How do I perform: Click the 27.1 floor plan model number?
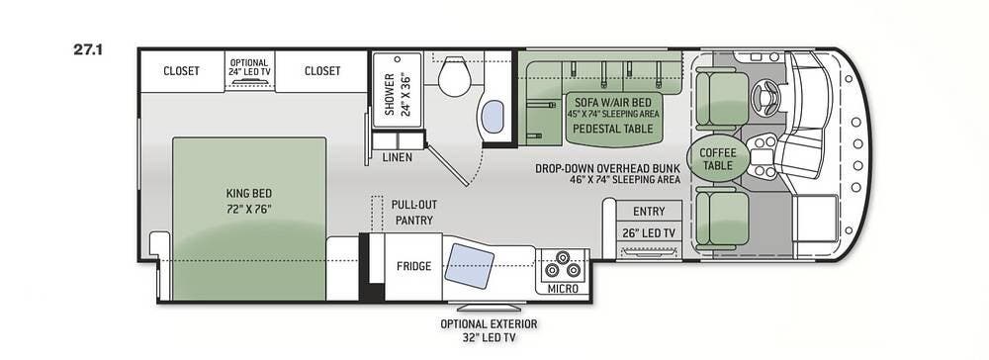88,50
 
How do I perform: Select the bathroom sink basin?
493,117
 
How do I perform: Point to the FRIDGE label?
413,266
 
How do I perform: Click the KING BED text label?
249,194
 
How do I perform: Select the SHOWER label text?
389,95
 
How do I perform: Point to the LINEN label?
398,157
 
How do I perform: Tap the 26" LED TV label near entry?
650,233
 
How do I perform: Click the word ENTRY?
650,212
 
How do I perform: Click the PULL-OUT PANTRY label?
414,213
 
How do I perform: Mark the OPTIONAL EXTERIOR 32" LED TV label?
489,330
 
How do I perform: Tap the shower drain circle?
398,58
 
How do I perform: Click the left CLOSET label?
181,71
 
